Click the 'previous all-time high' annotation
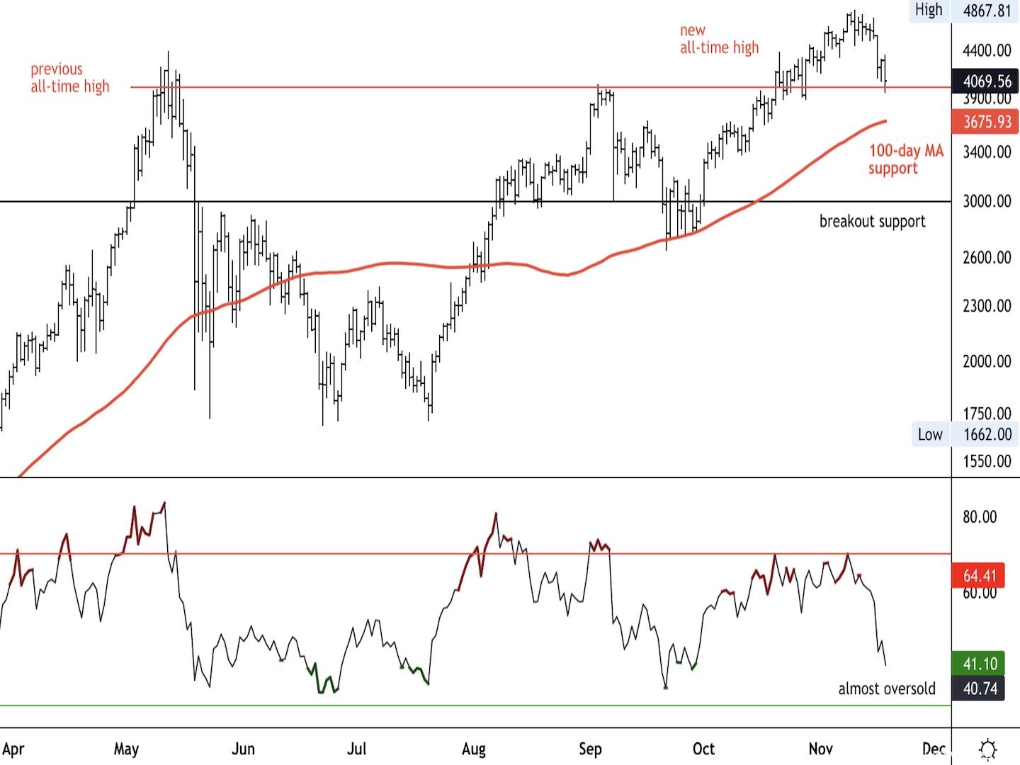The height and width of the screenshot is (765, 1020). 69,78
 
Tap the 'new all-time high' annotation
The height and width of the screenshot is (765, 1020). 718,39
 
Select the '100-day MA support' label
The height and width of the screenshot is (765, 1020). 905,159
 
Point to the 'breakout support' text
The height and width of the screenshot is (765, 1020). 872,221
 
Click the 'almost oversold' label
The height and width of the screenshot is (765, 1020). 886,688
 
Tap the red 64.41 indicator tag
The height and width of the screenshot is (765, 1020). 980,575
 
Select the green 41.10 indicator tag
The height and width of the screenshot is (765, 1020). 980,664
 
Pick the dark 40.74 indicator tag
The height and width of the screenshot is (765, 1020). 980,688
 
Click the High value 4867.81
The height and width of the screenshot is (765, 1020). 987,11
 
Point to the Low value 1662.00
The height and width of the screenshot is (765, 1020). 987,434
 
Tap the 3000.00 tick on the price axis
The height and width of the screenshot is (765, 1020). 987,201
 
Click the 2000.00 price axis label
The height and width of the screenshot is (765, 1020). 987,361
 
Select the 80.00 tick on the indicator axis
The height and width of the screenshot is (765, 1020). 980,517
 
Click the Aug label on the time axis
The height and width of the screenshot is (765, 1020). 473,749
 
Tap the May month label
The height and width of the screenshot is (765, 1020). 126,749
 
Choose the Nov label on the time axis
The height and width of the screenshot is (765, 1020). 820,749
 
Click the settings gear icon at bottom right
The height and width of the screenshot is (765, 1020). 987,749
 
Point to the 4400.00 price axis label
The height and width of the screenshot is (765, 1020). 987,50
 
